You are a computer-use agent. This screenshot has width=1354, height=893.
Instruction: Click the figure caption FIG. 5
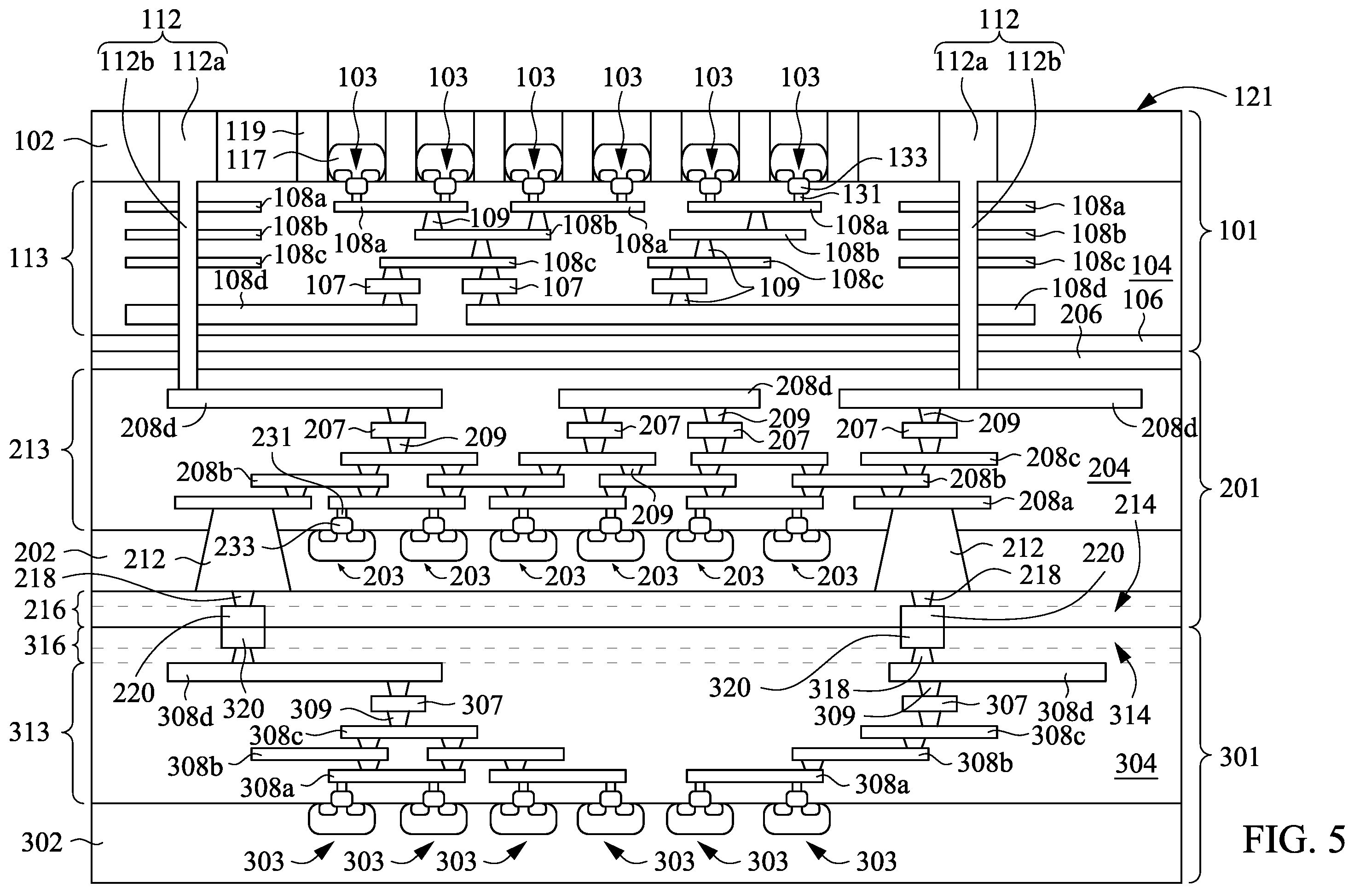pos(1294,841)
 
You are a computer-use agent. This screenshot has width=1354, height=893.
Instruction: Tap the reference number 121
pos(1253,97)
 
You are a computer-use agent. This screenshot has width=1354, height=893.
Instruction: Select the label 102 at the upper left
pos(34,141)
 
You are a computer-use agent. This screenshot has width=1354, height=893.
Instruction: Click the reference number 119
pos(246,132)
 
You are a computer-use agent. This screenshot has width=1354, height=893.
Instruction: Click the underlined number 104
pos(1151,265)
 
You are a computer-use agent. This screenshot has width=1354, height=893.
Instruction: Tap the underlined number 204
pos(1110,468)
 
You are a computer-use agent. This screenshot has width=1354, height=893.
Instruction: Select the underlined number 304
pos(1136,763)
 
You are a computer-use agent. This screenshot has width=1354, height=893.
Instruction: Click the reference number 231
pos(272,437)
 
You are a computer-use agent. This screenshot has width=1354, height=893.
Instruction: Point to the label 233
pos(234,547)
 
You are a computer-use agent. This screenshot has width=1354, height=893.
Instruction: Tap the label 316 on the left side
pos(45,646)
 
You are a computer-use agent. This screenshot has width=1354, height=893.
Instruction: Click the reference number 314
pos(1129,714)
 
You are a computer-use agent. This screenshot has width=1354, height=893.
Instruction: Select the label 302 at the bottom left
pos(41,842)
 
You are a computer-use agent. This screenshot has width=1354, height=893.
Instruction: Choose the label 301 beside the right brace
pos(1239,757)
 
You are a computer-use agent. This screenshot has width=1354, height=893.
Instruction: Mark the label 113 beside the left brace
pos(29,258)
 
